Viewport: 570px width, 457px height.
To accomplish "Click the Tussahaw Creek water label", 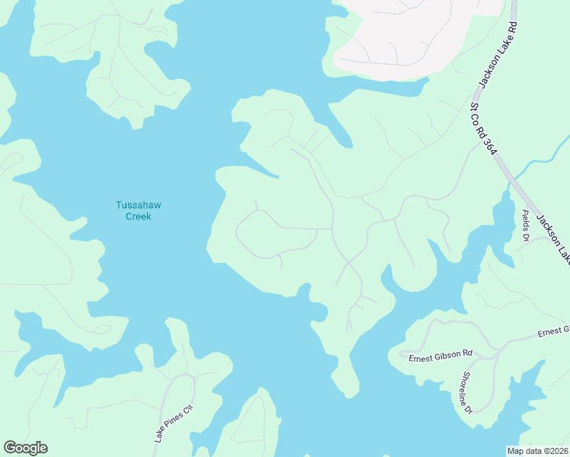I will (138, 210).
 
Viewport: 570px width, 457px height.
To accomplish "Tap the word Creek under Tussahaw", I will (138, 216).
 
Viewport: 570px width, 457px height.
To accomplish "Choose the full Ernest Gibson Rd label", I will (440, 356).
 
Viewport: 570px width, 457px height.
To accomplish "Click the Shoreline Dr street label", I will (466, 393).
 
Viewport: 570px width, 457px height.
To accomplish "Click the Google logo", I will (25, 448).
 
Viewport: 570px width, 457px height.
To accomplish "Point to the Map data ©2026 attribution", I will (537, 451).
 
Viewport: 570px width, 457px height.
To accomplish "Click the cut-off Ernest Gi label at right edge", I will (553, 331).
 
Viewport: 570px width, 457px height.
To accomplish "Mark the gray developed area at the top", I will (411, 34).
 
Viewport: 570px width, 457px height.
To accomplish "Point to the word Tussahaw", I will (138, 204).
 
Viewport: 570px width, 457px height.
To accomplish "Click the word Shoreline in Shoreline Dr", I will (465, 387).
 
